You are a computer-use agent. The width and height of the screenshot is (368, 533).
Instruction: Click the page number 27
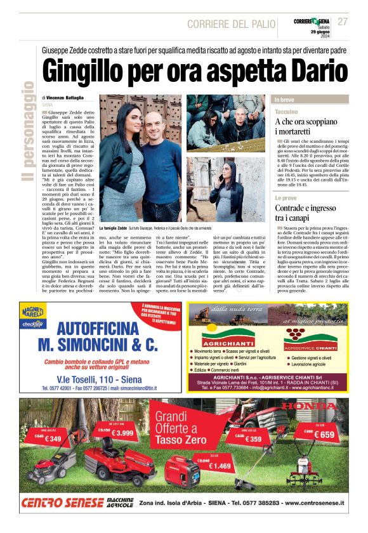pyautogui.click(x=343, y=22)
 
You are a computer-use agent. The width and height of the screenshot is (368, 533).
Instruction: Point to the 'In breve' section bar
pyautogui.click(x=310, y=100)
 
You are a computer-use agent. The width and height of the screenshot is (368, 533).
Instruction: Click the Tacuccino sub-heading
pyautogui.click(x=287, y=111)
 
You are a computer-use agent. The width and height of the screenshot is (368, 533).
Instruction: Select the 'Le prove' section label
pyautogui.click(x=286, y=199)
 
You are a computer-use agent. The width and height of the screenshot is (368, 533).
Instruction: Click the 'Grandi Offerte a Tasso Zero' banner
pyautogui.click(x=184, y=428)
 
